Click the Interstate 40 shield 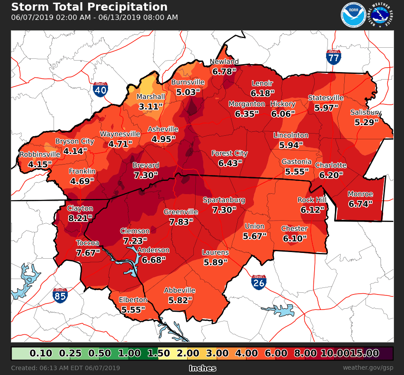tap(100, 89)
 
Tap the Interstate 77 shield tap(334, 57)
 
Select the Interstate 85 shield tap(60, 295)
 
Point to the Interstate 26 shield tap(259, 282)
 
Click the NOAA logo tap(353, 15)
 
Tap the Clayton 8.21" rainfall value tap(80, 218)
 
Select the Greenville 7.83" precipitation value tap(181, 222)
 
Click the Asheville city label tap(163, 129)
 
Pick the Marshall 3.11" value tap(151, 106)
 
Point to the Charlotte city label tap(331, 165)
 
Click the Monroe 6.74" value tap(360, 203)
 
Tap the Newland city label tap(224, 62)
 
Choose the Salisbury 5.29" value tap(366, 122)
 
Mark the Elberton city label tap(133, 300)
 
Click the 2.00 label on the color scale tap(188, 353)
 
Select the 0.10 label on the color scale tap(41, 353)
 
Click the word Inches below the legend tap(202, 368)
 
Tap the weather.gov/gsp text tap(367, 368)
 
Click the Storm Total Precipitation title tap(89, 7)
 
